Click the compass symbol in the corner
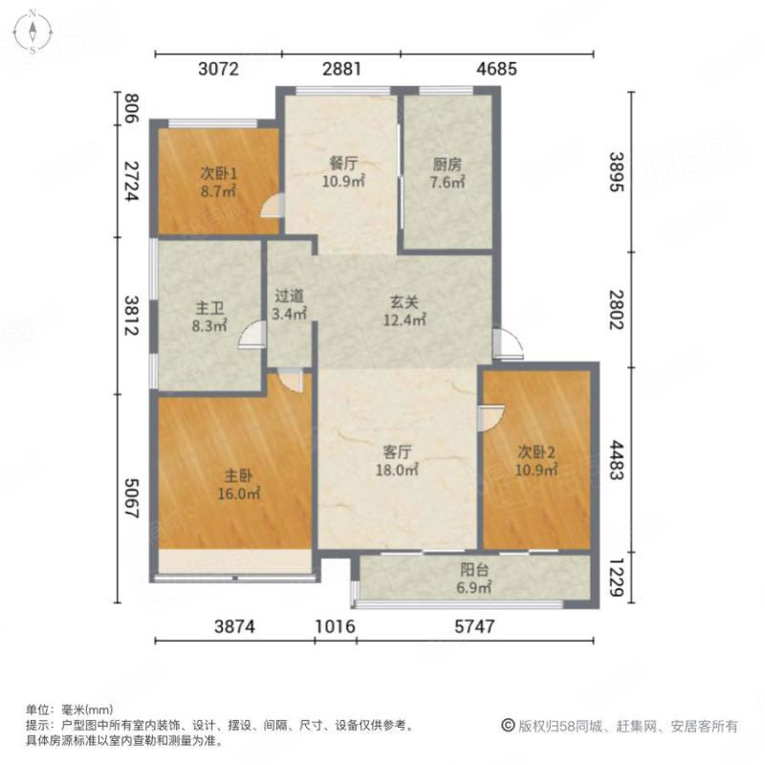point(33,33)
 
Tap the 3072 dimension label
point(219,69)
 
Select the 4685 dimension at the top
point(496,69)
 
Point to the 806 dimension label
point(130,108)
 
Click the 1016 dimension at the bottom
point(336,626)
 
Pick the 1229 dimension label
point(617,579)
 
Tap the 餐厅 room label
point(343,163)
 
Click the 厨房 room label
point(447,164)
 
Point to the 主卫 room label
point(209,308)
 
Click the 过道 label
point(290,295)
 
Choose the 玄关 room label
point(404,302)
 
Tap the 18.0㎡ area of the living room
point(397,470)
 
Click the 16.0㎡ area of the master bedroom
point(238,493)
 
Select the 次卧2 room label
point(536,452)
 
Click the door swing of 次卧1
point(272,205)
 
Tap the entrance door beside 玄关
point(508,344)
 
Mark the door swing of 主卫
point(251,336)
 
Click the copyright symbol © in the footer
point(508,726)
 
